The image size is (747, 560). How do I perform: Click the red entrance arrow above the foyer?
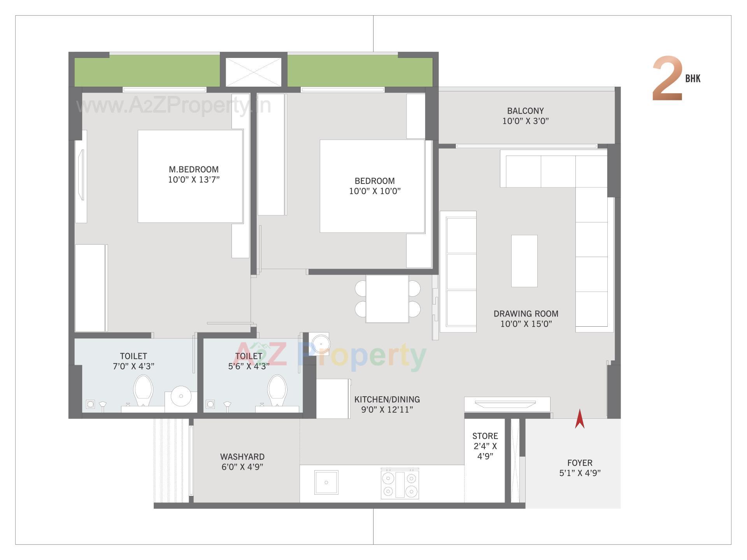580,419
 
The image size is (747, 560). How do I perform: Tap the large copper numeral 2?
667,79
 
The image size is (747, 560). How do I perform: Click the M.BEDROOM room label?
194,174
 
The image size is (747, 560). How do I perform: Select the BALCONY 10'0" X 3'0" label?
525,116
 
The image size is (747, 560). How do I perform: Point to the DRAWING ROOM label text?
526,318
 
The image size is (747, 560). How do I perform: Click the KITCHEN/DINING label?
387,404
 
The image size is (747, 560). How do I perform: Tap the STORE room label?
485,446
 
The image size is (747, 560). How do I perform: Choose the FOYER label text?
580,468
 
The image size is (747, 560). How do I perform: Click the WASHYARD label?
242,462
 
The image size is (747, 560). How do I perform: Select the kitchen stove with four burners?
400,485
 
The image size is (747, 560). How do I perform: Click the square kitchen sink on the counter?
326,482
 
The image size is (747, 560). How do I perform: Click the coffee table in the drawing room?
524,261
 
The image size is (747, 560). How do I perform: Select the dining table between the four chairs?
387,299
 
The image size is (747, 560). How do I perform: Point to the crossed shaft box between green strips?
253,72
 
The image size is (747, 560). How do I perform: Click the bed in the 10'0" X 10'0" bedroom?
372,186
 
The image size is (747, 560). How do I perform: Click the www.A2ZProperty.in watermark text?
174,106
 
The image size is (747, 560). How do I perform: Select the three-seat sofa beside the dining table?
458,271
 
